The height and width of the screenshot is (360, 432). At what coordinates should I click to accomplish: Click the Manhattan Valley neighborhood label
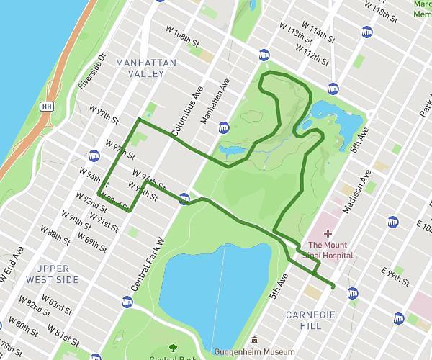click(x=145, y=68)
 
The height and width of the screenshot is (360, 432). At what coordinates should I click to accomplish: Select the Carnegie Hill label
click(x=311, y=321)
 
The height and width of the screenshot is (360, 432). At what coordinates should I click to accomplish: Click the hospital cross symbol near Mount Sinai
click(x=328, y=233)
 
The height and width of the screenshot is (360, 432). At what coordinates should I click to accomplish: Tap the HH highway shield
click(x=48, y=106)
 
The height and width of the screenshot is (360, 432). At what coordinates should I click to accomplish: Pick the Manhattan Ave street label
click(x=213, y=104)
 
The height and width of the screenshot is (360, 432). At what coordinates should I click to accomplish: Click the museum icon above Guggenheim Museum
click(x=253, y=340)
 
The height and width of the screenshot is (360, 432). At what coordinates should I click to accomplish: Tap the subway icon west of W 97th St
click(x=94, y=155)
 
